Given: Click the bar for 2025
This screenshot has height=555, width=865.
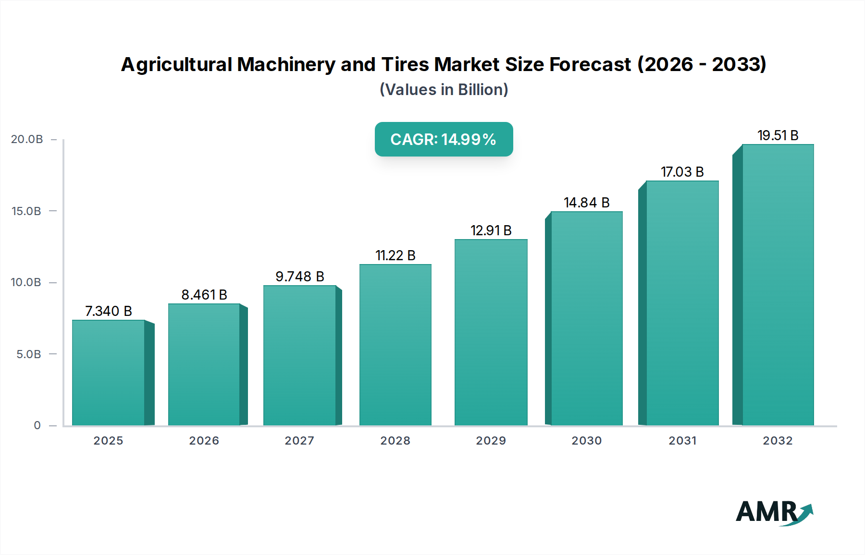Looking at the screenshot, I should coord(109,373).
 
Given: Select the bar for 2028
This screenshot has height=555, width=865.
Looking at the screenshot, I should coord(395,345).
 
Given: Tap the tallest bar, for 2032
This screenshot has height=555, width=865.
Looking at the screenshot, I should coord(778,285).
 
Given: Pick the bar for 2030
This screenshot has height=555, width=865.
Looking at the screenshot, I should coord(587,319).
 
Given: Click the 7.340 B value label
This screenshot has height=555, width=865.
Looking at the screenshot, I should coord(109,311).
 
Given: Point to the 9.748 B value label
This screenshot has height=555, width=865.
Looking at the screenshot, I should coord(300,277).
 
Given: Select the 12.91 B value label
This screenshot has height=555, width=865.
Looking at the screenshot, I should coord(491,230).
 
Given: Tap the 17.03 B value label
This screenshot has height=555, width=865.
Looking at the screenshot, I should coord(682,172).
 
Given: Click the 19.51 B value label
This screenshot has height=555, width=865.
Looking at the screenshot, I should coord(778,135).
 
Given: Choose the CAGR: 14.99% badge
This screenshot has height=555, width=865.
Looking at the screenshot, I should coord(444,139).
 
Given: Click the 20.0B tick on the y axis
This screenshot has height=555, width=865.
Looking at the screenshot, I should coord(27,139).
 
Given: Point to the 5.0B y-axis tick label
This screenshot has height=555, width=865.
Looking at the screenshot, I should coord(29,354).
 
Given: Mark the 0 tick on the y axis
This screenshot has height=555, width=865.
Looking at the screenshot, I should coord(37,425).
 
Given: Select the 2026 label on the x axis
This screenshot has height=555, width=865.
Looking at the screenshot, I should coord(204,441).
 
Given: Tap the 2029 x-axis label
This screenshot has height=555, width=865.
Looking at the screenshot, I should coord(491,441).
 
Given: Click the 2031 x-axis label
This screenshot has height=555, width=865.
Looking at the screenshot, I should coord(682,441).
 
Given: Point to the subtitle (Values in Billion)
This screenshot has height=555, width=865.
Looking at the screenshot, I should coord(444,90).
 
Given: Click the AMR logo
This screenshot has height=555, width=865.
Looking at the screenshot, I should coord(774,512).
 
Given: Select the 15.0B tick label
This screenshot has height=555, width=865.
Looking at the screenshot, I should coord(26,211).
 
